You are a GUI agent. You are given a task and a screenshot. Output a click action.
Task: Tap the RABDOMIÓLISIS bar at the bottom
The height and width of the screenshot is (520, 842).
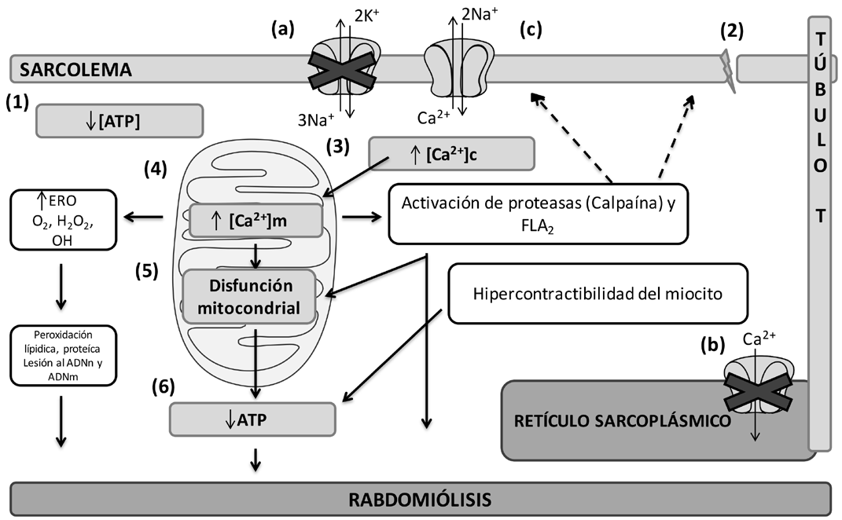coord(421,499)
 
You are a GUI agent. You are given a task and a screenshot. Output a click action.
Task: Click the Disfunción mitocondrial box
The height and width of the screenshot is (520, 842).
coord(250,296)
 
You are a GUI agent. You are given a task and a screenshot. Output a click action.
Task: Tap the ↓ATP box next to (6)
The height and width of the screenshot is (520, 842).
coord(252,419)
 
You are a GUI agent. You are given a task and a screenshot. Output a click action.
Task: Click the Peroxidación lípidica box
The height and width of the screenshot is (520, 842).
coord(64,356)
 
